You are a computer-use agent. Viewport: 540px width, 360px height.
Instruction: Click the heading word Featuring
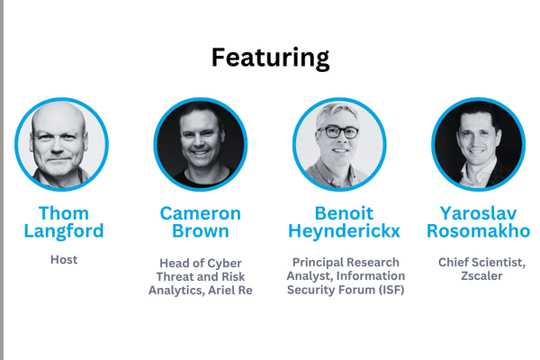click(270, 58)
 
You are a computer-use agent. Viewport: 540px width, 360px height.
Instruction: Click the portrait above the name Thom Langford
click(62, 144)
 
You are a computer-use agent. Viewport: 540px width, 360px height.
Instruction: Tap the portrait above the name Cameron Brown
click(200, 144)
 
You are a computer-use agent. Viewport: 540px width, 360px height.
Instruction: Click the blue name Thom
click(64, 213)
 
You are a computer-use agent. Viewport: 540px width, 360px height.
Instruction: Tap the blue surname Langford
click(64, 231)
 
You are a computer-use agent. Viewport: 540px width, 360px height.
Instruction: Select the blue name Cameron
click(201, 213)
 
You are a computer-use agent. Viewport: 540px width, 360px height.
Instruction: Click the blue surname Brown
click(201, 231)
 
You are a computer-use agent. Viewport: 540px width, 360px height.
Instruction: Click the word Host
click(64, 259)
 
